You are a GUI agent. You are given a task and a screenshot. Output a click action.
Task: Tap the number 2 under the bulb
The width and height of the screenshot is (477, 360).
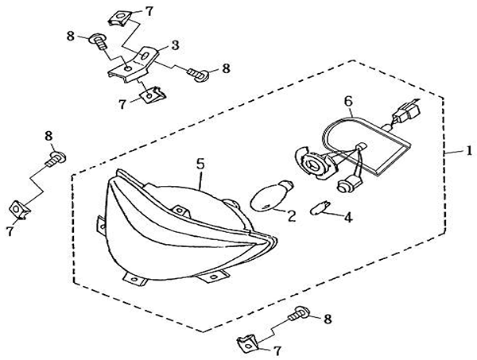click(292, 215)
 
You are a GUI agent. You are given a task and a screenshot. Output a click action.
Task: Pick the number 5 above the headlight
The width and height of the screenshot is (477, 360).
click(200, 163)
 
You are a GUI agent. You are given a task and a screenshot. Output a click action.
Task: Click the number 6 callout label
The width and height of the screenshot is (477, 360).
click(347, 100)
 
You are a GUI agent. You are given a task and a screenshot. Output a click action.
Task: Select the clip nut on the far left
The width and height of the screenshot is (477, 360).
click(18, 210)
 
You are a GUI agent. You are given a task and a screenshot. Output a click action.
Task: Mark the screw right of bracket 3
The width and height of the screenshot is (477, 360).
click(198, 74)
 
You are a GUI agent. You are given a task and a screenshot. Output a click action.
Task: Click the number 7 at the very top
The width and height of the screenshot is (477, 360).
click(149, 11)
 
